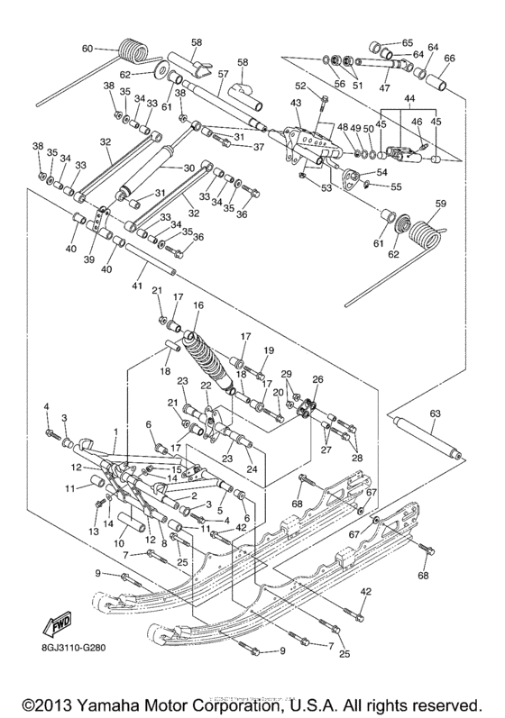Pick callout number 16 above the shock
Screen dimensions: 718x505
(198, 306)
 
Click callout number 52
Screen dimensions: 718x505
(301, 86)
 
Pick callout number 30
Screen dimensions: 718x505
(188, 168)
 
